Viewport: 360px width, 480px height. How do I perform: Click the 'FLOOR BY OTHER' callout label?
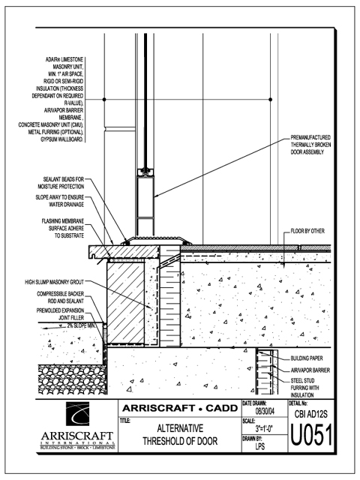point(307,231)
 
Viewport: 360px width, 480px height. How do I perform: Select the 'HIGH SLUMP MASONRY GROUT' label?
point(54,282)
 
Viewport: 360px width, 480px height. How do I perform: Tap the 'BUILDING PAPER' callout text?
point(307,358)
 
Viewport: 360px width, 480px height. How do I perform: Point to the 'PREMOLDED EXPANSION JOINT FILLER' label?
point(60,314)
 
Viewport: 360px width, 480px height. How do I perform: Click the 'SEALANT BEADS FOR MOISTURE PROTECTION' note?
point(61,183)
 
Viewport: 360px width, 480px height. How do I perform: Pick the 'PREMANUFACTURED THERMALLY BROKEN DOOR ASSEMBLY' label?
point(310,145)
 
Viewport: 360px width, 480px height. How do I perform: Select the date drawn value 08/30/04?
point(265,412)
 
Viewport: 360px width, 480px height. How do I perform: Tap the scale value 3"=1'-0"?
point(265,428)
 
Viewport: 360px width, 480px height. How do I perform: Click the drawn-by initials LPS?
point(260,446)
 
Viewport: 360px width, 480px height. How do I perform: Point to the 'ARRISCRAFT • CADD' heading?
point(180,408)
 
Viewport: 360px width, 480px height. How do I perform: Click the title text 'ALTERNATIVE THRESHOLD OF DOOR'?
point(180,434)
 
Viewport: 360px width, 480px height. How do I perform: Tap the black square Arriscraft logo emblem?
point(78,414)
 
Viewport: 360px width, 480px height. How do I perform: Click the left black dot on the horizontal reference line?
point(104,100)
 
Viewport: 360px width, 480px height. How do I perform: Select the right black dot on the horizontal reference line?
point(270,100)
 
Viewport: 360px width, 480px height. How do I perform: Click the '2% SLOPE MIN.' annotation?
point(82,325)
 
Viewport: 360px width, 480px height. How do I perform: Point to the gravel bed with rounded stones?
point(72,379)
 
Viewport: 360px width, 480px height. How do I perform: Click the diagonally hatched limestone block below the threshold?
point(125,303)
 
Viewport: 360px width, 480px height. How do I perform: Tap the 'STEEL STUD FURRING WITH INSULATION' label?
point(304,388)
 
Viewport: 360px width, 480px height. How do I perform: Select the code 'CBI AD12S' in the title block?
point(311,414)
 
